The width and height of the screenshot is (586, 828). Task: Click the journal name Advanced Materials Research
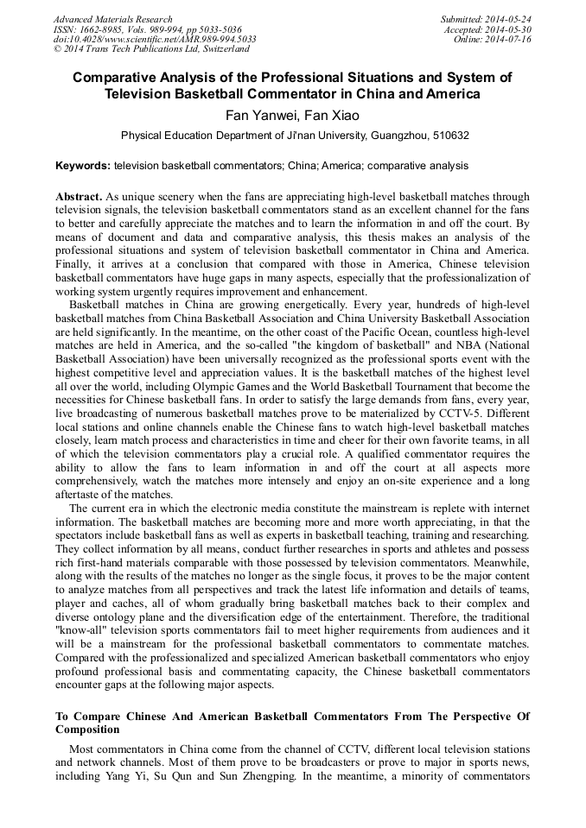[113, 19]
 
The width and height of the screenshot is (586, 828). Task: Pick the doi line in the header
[155, 39]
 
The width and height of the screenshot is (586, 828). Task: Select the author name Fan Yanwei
[257, 115]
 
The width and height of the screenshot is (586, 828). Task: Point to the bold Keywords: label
[83, 165]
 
